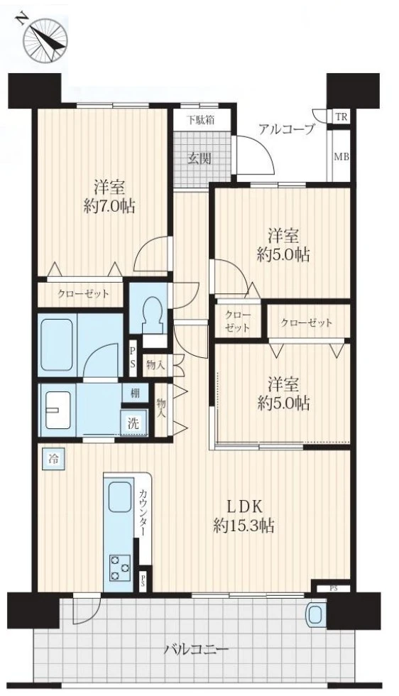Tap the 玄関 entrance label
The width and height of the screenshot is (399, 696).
198,158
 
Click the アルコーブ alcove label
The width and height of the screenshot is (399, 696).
287,129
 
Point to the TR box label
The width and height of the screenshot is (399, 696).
341,117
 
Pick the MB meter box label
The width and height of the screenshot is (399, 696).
341,157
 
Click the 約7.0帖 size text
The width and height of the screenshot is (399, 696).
109,207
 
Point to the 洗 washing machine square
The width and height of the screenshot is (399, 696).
133,423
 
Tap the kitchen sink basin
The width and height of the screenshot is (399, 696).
120,496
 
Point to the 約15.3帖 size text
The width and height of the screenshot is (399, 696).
244,526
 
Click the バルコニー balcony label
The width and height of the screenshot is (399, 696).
197,651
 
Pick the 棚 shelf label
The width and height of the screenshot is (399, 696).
134,393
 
